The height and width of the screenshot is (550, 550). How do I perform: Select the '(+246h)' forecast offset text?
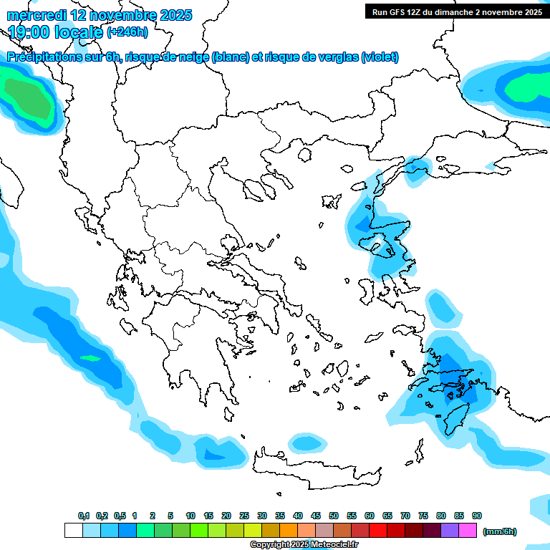tap(127, 32)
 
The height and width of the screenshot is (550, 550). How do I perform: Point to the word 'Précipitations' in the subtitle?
tap(42, 57)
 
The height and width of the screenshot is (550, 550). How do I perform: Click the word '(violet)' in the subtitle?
tap(380, 57)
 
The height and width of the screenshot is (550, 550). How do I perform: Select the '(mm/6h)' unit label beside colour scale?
tap(499, 531)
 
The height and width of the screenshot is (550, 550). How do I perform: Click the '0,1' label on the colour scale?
tap(83, 516)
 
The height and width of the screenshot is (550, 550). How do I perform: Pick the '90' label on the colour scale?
tap(477, 516)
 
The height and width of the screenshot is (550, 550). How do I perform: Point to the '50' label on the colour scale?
tap(334, 516)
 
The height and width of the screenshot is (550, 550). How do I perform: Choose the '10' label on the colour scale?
tap(190, 516)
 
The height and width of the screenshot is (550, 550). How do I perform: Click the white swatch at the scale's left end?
tap(74, 531)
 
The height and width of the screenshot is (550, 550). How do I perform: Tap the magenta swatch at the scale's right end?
tap(468, 531)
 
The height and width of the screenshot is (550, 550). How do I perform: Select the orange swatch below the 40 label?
tap(289, 531)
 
